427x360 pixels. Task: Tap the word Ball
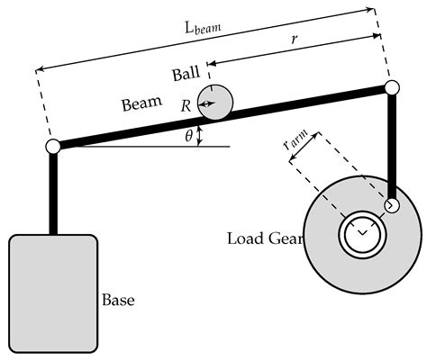pyautogui.click(x=186, y=73)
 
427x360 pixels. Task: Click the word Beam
pyautogui.click(x=141, y=103)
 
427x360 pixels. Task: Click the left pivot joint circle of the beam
pyautogui.click(x=53, y=146)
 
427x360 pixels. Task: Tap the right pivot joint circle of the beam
pyautogui.click(x=392, y=88)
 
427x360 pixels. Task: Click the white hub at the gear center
pyautogui.click(x=360, y=236)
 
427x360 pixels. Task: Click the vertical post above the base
pyautogui.click(x=53, y=193)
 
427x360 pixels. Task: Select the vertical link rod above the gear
pyautogui.click(x=393, y=144)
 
